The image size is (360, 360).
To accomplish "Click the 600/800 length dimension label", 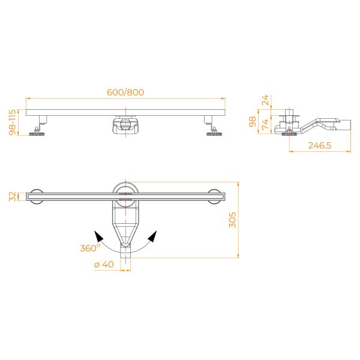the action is pyautogui.click(x=125, y=92).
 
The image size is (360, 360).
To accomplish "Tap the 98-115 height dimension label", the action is pyautogui.click(x=13, y=122).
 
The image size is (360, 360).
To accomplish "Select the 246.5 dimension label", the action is pyautogui.click(x=320, y=146).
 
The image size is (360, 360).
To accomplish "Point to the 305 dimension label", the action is pyautogui.click(x=232, y=220).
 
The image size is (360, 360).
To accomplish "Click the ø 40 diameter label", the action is pyautogui.click(x=104, y=264).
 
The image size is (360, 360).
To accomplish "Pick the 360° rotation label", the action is pyautogui.click(x=90, y=248).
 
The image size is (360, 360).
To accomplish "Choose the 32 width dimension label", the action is pyautogui.click(x=13, y=197).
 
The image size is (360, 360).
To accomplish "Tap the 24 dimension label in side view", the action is pyautogui.click(x=265, y=100).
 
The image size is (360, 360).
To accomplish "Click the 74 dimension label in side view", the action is pyautogui.click(x=265, y=124).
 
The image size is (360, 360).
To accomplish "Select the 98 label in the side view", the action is pyautogui.click(x=253, y=121).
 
